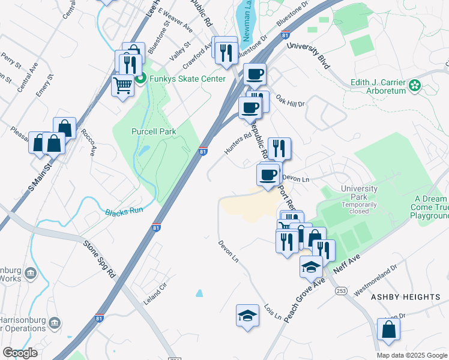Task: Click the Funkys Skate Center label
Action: tap(179, 79)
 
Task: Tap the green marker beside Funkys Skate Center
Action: tap(140, 79)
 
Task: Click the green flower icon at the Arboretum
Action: tap(415, 86)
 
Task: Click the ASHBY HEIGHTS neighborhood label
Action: tap(405, 297)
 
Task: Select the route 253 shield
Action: tap(342, 290)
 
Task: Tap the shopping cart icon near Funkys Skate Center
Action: tap(123, 86)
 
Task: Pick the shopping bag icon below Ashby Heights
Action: tap(388, 329)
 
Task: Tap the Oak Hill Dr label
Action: tap(291, 100)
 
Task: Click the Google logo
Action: tap(20, 353)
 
